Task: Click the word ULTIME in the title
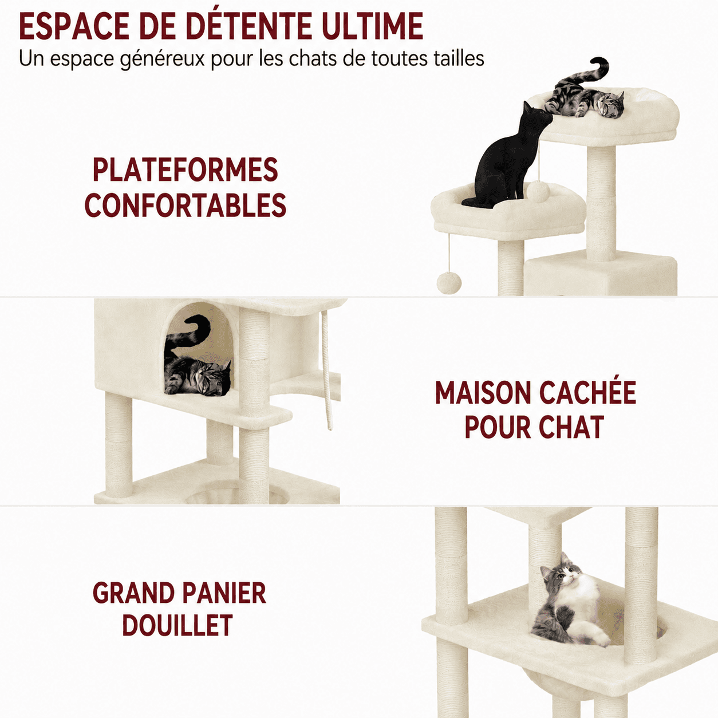tap(372, 26)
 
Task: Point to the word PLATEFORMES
tap(185, 169)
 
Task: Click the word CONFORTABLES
tap(185, 205)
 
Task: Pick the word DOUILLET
tap(177, 625)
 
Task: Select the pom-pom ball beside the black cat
tap(538, 191)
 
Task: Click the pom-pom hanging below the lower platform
tap(449, 283)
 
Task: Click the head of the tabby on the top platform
tap(612, 105)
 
